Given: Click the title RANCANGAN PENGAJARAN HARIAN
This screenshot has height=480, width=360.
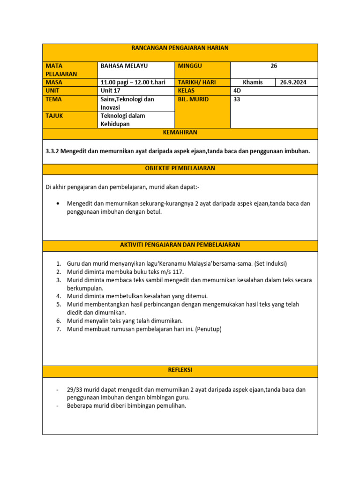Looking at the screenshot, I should pyautogui.click(x=180, y=48).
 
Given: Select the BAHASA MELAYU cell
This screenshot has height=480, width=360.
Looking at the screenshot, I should pyautogui.click(x=124, y=66).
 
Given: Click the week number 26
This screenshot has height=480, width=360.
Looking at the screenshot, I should pyautogui.click(x=274, y=66).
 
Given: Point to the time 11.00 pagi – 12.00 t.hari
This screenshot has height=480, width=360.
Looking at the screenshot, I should pyautogui.click(x=133, y=82).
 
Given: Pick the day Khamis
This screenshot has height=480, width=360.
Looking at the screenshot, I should pyautogui.click(x=253, y=82).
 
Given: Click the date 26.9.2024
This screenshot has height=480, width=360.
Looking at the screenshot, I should pyautogui.click(x=293, y=82).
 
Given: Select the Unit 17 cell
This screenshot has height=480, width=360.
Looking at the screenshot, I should pyautogui.click(x=111, y=90).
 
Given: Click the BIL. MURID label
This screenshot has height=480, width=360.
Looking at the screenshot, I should pyautogui.click(x=194, y=99).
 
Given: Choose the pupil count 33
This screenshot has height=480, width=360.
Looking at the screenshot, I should pyautogui.click(x=237, y=99).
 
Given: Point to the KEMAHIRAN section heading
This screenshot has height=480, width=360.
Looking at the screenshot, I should pyautogui.click(x=180, y=133).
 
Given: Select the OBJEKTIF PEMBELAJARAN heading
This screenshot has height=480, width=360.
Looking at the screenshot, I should pyautogui.click(x=180, y=168).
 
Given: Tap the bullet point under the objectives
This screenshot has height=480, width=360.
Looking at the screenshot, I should pyautogui.click(x=58, y=204).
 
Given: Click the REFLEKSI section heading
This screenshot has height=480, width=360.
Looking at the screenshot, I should pyautogui.click(x=180, y=370).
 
